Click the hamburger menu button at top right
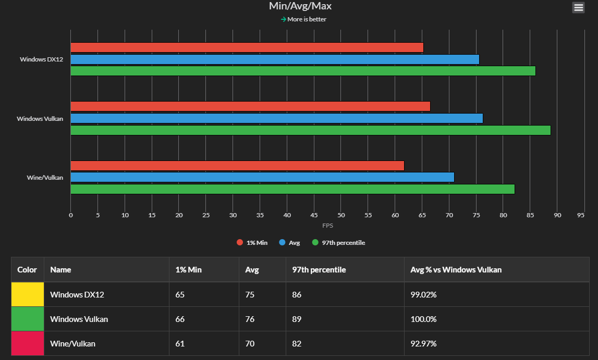(x=578, y=7)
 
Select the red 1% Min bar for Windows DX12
(x=247, y=47)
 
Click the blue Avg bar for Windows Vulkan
(x=276, y=118)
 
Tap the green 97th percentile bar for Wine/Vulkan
(x=292, y=189)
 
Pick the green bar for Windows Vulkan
(x=310, y=130)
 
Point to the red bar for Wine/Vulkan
(x=237, y=166)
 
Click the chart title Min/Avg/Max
(x=300, y=6)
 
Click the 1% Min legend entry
(x=252, y=243)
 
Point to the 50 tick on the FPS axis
(x=341, y=215)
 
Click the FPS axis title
(x=327, y=226)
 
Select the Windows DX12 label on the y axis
(x=42, y=59)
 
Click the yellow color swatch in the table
(x=28, y=294)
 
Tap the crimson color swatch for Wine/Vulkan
(x=28, y=343)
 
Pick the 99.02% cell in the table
(x=423, y=294)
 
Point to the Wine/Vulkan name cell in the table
(x=72, y=343)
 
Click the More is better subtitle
(x=307, y=19)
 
